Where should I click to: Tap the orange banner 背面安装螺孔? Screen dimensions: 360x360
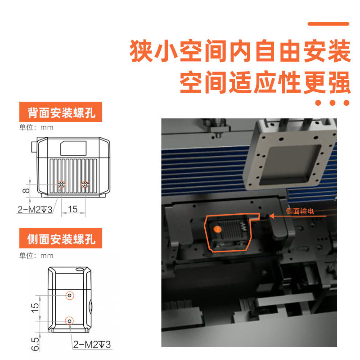61,112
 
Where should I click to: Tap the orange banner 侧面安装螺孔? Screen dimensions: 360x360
61,238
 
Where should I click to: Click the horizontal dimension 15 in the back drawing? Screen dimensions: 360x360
72,209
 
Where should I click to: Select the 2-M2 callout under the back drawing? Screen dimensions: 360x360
35,210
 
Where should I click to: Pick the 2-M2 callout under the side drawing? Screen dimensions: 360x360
92,345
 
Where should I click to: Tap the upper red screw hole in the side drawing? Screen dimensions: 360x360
70,295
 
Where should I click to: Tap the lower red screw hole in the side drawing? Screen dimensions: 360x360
70,320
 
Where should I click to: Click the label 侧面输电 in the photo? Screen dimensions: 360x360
300,211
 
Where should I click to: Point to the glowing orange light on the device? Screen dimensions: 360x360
218,229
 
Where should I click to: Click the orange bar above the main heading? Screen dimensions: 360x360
328,24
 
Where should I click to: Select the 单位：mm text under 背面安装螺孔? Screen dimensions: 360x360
36,127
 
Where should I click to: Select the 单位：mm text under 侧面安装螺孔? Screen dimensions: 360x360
36,256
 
